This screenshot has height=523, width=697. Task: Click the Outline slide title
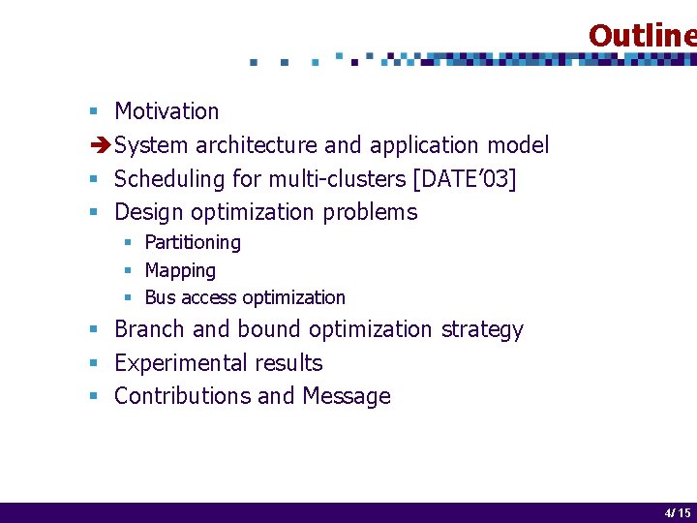[x=641, y=36]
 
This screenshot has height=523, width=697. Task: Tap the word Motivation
[x=167, y=111]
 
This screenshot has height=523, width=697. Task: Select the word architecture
[x=256, y=145]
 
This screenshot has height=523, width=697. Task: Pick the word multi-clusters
[x=336, y=179]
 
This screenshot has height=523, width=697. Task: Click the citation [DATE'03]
[x=464, y=179]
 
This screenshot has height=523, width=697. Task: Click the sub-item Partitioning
[x=193, y=242]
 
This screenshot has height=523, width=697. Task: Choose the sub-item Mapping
[x=180, y=270]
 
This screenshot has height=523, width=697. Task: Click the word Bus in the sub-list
[x=160, y=297]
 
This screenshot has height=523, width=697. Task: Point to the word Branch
[x=150, y=329]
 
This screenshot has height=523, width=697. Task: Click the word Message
[x=346, y=396]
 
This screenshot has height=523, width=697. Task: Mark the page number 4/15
[x=677, y=513]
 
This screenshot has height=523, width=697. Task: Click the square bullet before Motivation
[x=94, y=112]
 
